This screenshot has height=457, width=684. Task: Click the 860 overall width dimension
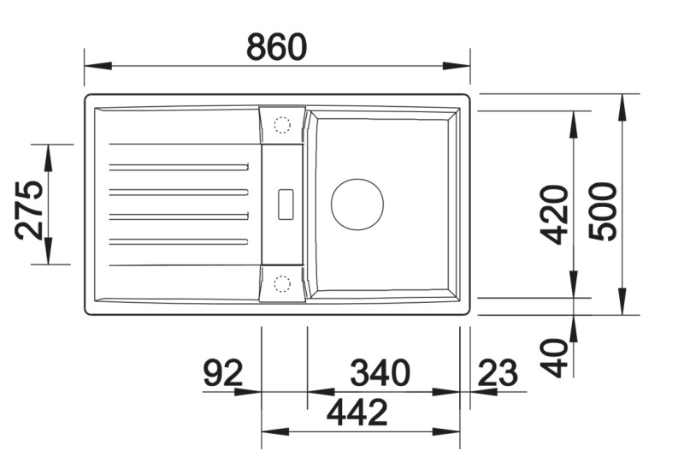click(276, 47)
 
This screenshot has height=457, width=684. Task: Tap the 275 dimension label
click(29, 210)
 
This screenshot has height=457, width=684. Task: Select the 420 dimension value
click(554, 214)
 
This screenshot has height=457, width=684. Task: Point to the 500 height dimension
click(603, 211)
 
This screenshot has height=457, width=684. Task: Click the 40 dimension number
click(554, 358)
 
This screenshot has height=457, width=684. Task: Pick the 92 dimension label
click(223, 373)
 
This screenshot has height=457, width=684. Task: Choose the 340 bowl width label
click(380, 373)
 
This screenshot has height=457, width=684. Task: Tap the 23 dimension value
click(498, 373)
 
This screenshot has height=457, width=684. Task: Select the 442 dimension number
click(357, 412)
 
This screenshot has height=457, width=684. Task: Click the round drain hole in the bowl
click(357, 205)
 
